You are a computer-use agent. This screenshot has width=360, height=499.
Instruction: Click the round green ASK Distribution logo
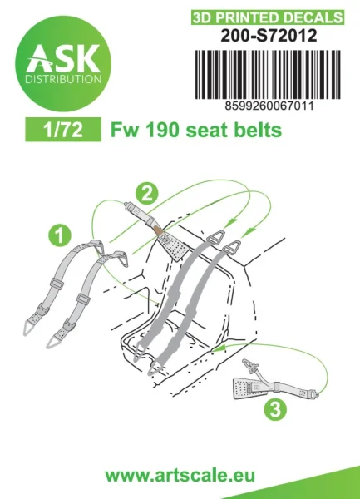(x=63, y=63)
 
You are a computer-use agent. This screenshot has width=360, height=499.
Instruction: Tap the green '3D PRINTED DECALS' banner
(x=268, y=17)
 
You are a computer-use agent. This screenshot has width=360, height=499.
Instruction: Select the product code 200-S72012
(x=269, y=36)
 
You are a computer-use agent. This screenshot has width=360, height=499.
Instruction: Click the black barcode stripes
(x=268, y=75)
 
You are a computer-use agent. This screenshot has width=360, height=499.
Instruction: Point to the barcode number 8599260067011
(x=269, y=106)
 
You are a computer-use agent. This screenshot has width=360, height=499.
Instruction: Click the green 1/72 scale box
(x=63, y=130)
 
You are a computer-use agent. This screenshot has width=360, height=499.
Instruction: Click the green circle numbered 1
(x=60, y=235)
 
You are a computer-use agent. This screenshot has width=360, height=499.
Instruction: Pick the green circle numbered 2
(x=146, y=194)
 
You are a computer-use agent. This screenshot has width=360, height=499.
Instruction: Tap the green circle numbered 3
(x=275, y=409)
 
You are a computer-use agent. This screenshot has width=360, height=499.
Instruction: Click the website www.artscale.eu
(x=180, y=476)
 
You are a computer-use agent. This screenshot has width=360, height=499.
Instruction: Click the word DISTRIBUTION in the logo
(x=63, y=79)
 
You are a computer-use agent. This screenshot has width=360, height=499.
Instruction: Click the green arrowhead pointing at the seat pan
(x=219, y=348)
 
